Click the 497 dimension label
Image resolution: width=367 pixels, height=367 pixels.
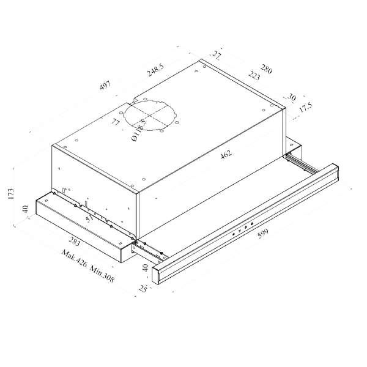pyautogui.click(x=105, y=86)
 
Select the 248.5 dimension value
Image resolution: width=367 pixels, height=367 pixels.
pyautogui.click(x=155, y=70)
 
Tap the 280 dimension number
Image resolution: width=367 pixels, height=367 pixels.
pyautogui.click(x=266, y=69)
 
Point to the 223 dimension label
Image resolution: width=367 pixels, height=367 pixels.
pyautogui.click(x=254, y=76)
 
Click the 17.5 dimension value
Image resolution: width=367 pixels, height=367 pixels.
pyautogui.click(x=306, y=107)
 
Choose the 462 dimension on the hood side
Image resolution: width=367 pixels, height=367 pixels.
pyautogui.click(x=226, y=154)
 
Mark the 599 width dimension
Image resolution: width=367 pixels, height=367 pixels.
pyautogui.click(x=263, y=233)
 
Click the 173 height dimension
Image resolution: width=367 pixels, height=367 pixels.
pyautogui.click(x=11, y=193)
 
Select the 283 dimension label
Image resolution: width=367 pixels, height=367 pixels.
pyautogui.click(x=75, y=241)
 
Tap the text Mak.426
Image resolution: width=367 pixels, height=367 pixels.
pyautogui.click(x=74, y=259)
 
